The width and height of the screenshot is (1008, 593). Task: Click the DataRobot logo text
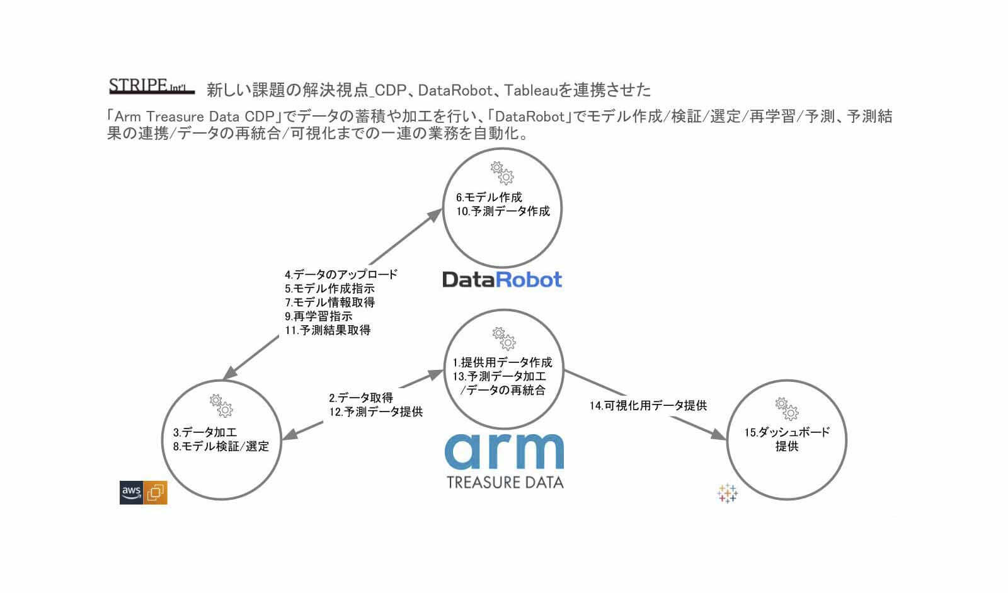click(x=502, y=279)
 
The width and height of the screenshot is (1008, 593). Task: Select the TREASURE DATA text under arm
click(x=505, y=483)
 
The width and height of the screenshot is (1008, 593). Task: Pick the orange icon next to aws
click(x=156, y=492)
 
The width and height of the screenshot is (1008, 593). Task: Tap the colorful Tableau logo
click(x=727, y=493)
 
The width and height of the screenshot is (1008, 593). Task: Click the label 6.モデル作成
click(x=489, y=197)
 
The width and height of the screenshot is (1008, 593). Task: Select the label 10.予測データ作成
click(x=503, y=211)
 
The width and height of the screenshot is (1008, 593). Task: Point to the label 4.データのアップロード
click(x=341, y=275)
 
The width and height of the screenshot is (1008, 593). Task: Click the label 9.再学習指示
click(x=318, y=316)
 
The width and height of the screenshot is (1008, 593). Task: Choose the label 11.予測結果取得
click(x=327, y=330)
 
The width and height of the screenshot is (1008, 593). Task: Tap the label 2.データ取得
click(x=360, y=398)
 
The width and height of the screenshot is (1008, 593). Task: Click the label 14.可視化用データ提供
click(x=648, y=406)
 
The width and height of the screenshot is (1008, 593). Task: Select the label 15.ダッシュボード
click(x=787, y=432)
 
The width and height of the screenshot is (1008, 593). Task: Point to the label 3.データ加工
click(x=205, y=432)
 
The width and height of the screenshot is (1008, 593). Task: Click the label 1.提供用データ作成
click(x=502, y=362)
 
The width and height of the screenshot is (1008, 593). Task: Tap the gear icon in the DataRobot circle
click(x=502, y=172)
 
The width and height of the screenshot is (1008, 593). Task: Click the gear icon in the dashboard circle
click(x=786, y=408)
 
